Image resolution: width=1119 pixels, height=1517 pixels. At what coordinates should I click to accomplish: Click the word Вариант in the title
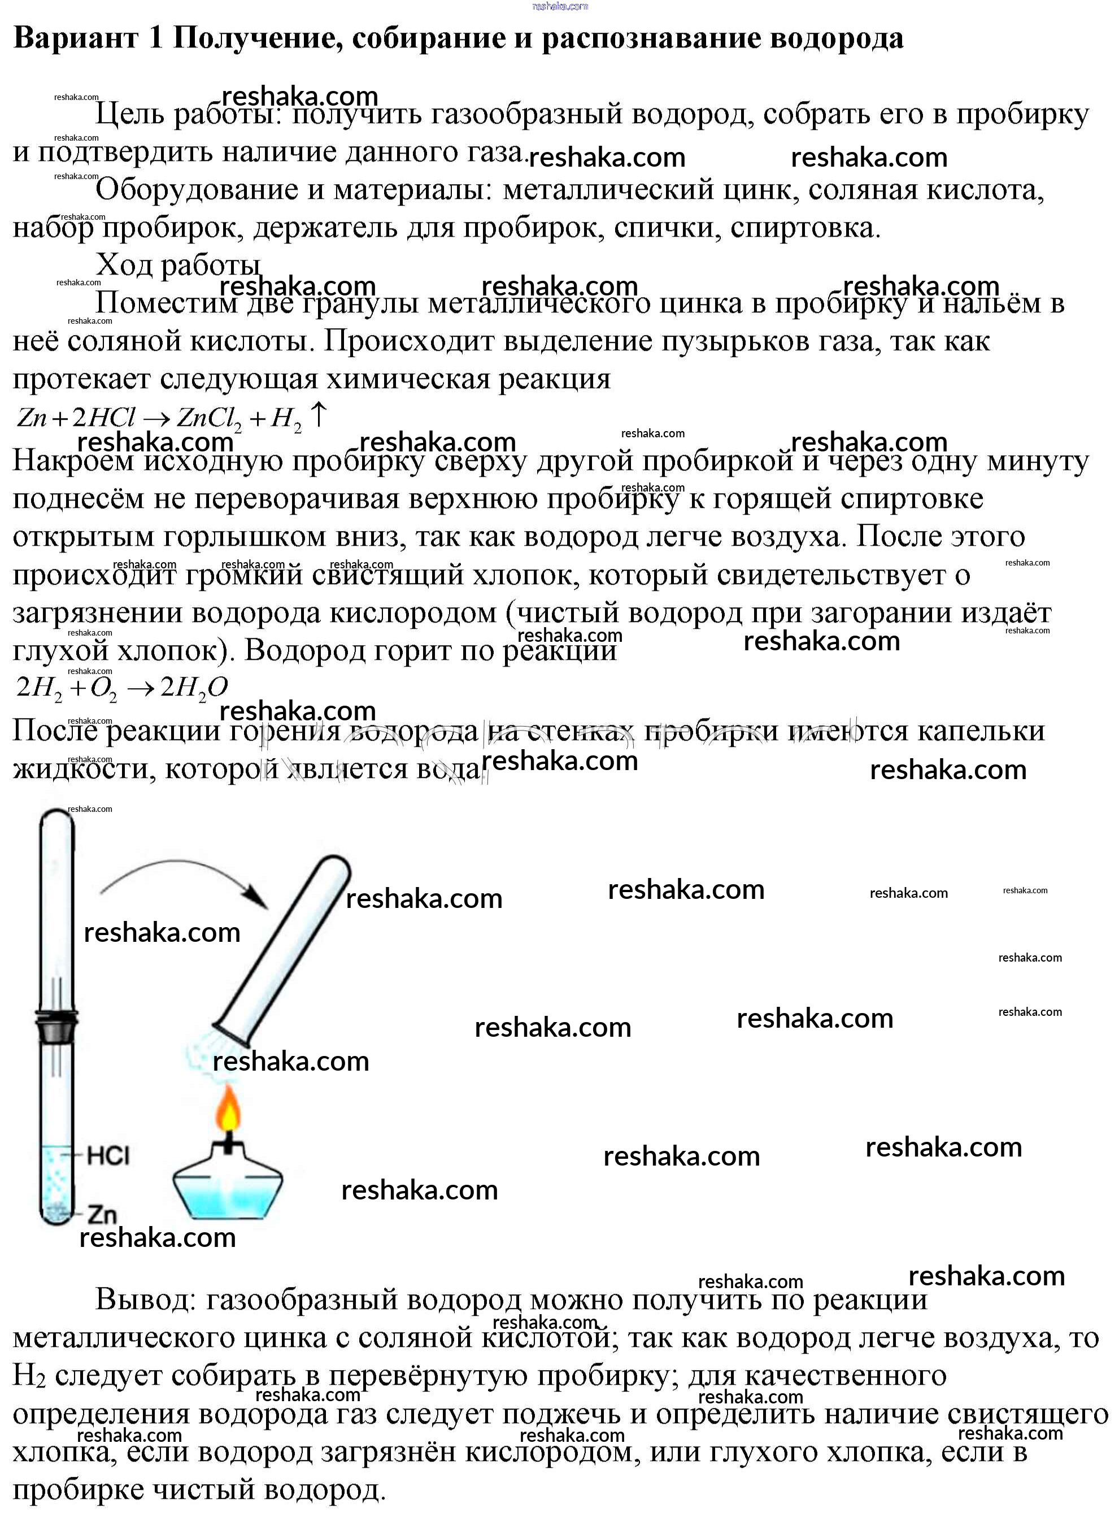76,38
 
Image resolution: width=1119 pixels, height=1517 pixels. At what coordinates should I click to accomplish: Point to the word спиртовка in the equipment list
805,228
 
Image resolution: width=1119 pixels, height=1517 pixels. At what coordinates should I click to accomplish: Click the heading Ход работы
177,266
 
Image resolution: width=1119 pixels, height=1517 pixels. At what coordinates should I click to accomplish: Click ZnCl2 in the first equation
208,418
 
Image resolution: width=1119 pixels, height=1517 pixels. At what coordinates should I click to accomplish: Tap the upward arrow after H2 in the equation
319,415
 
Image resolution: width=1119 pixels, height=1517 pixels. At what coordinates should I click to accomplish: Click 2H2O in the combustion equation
194,688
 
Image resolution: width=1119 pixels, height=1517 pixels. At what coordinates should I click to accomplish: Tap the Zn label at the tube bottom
102,1214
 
